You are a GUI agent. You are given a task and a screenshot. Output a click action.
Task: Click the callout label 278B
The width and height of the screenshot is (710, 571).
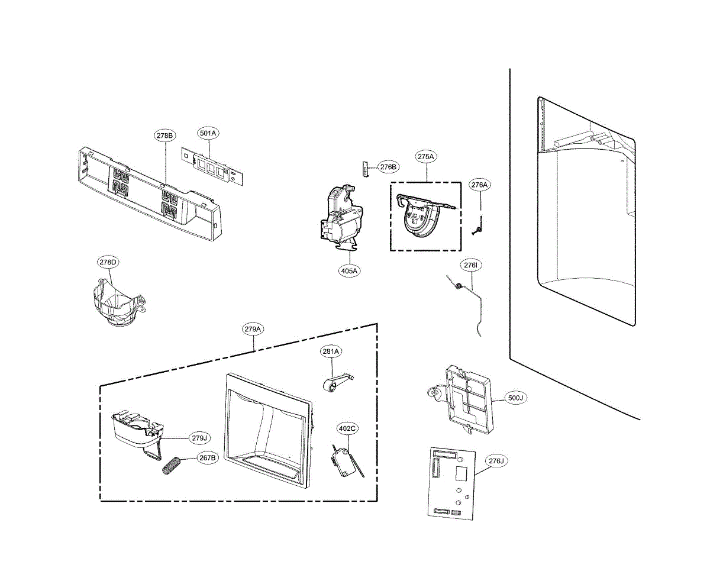tap(165, 136)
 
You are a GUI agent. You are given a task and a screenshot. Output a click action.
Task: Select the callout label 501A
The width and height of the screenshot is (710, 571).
tap(208, 134)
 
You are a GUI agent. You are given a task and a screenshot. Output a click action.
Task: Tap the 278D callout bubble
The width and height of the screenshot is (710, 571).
tap(108, 262)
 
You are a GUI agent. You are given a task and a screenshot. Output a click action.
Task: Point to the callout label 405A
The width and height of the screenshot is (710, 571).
tap(349, 271)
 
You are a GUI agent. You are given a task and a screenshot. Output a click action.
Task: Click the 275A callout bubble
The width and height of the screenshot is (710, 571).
tap(426, 157)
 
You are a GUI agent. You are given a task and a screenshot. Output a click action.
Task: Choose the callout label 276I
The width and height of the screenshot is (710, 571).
tap(471, 266)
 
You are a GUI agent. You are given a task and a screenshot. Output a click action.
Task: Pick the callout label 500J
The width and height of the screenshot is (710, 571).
tap(515, 398)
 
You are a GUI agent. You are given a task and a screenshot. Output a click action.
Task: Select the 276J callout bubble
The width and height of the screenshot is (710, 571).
tap(496, 461)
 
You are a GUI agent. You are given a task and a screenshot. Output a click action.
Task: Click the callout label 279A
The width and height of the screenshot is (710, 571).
tap(253, 329)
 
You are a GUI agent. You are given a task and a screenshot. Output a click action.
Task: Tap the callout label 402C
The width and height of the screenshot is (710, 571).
tap(347, 428)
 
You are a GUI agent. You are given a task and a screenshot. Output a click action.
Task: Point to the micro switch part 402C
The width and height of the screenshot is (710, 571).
tap(343, 463)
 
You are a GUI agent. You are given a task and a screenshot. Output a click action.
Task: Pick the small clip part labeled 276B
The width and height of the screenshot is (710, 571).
tap(365, 167)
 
